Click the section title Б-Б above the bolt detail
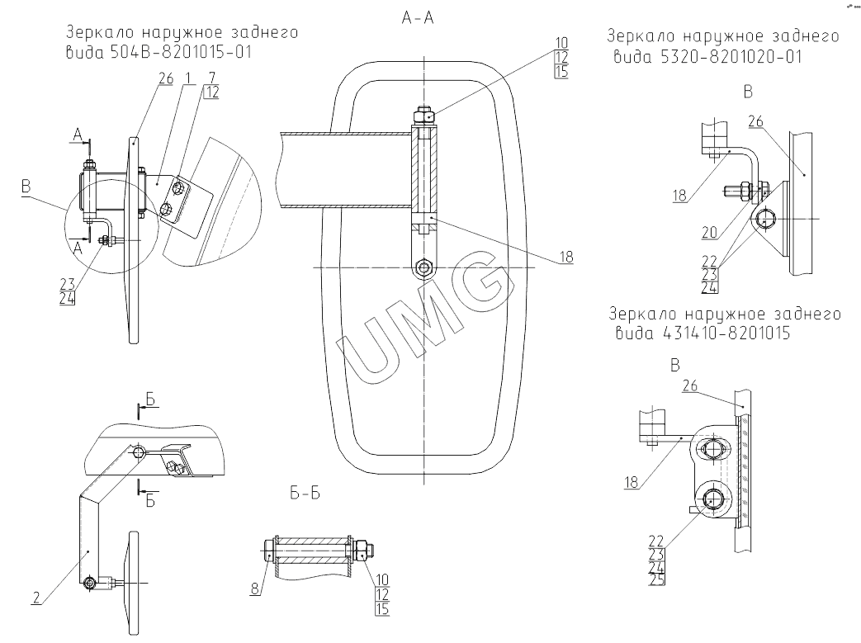pyautogui.click(x=305, y=494)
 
